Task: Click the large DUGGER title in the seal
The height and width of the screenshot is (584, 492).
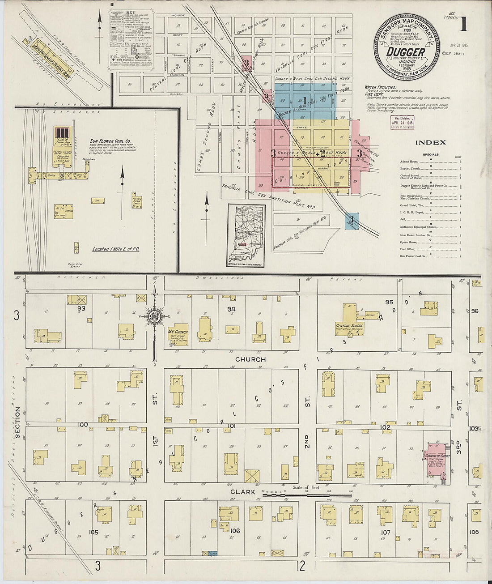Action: [x=406, y=51]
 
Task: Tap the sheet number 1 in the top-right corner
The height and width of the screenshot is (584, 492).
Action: [x=463, y=25]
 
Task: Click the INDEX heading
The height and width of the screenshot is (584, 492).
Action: [x=430, y=143]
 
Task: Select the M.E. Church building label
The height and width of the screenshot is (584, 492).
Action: [x=178, y=332]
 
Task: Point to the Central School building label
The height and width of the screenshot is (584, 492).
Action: [x=349, y=326]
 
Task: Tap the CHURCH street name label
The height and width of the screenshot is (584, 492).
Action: [x=250, y=359]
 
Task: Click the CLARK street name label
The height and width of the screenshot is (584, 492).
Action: [x=242, y=492]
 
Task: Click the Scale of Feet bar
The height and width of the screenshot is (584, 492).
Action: [x=306, y=495]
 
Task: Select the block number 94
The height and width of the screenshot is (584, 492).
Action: [x=231, y=309]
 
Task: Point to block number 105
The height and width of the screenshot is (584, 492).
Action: [x=93, y=532]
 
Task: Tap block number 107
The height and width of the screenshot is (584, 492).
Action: [x=385, y=532]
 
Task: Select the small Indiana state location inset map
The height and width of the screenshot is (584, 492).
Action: [x=245, y=236]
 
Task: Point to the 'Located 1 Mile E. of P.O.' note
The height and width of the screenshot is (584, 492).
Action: [x=116, y=249]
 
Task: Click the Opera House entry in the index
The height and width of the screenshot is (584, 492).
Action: [x=409, y=242]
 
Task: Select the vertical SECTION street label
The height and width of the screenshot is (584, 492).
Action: [x=17, y=422]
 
